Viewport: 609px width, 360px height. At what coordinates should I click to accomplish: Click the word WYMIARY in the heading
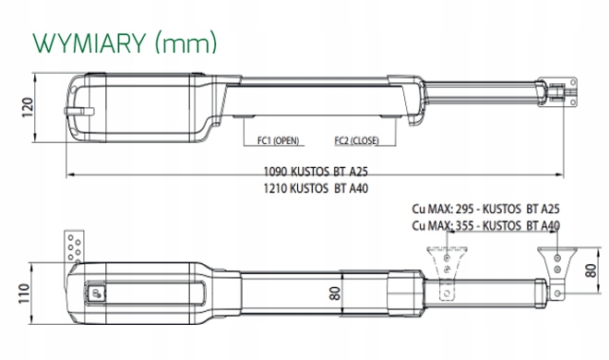[x=90, y=42]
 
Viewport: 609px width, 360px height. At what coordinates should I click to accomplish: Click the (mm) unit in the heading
[x=185, y=42]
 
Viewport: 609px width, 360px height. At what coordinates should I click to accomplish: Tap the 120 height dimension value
[x=27, y=108]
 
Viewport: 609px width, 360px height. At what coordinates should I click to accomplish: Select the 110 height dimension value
[x=24, y=294]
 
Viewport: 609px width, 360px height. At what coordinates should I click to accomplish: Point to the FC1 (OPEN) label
[x=278, y=140]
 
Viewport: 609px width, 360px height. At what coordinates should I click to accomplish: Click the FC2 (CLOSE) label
[x=356, y=140]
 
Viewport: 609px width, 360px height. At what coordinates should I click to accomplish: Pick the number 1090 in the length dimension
[x=275, y=172]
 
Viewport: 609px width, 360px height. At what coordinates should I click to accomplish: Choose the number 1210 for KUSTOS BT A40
[x=275, y=188]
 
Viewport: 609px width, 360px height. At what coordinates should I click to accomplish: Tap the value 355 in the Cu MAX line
[x=464, y=225]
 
